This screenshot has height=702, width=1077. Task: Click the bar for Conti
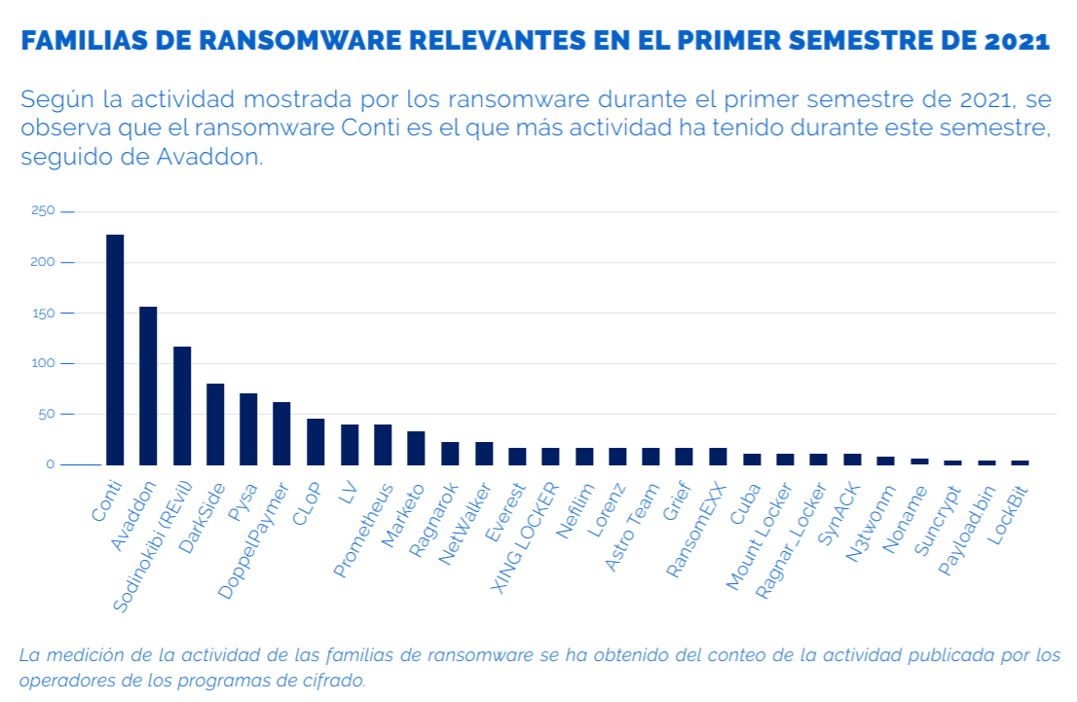pyautogui.click(x=115, y=350)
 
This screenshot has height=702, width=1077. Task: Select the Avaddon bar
pyautogui.click(x=148, y=386)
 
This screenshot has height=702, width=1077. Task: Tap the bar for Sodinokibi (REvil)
pyautogui.click(x=182, y=405)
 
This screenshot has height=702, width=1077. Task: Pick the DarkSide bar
pyautogui.click(x=215, y=425)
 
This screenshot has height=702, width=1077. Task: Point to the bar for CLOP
pyautogui.click(x=316, y=442)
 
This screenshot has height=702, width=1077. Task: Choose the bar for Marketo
pyautogui.click(x=416, y=448)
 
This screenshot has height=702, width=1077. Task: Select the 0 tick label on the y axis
pyautogui.click(x=50, y=464)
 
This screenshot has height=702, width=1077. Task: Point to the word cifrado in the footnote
pyautogui.click(x=333, y=680)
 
